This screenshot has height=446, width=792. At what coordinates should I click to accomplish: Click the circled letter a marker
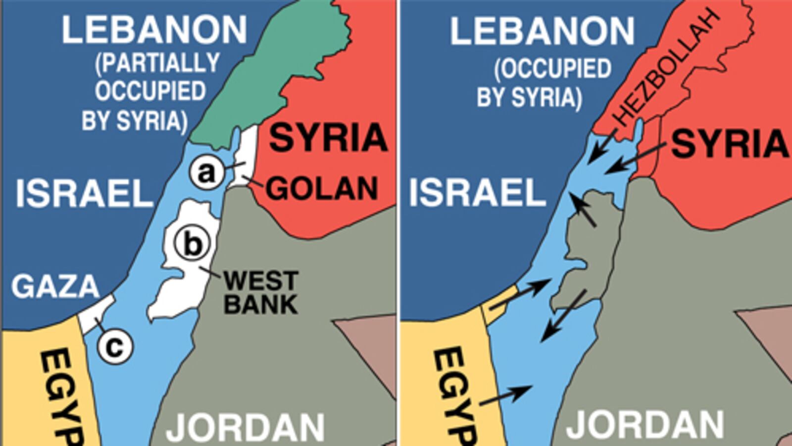207,173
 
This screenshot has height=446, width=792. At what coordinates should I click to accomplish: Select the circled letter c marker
115,347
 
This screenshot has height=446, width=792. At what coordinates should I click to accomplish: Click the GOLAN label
322,189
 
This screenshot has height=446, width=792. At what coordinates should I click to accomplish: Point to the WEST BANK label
261,293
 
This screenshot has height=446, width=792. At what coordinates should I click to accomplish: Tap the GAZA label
55,286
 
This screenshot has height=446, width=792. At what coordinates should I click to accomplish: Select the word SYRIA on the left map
328,138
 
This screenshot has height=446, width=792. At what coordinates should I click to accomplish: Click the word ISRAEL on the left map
85,193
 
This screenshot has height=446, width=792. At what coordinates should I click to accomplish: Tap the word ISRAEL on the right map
477,193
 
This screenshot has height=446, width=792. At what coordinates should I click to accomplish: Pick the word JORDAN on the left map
246,427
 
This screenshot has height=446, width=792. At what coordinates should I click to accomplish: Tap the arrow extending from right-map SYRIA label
639,158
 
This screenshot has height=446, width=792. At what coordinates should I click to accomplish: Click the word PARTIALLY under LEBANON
158,63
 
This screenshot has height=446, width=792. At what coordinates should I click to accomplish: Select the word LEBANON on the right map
542,32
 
